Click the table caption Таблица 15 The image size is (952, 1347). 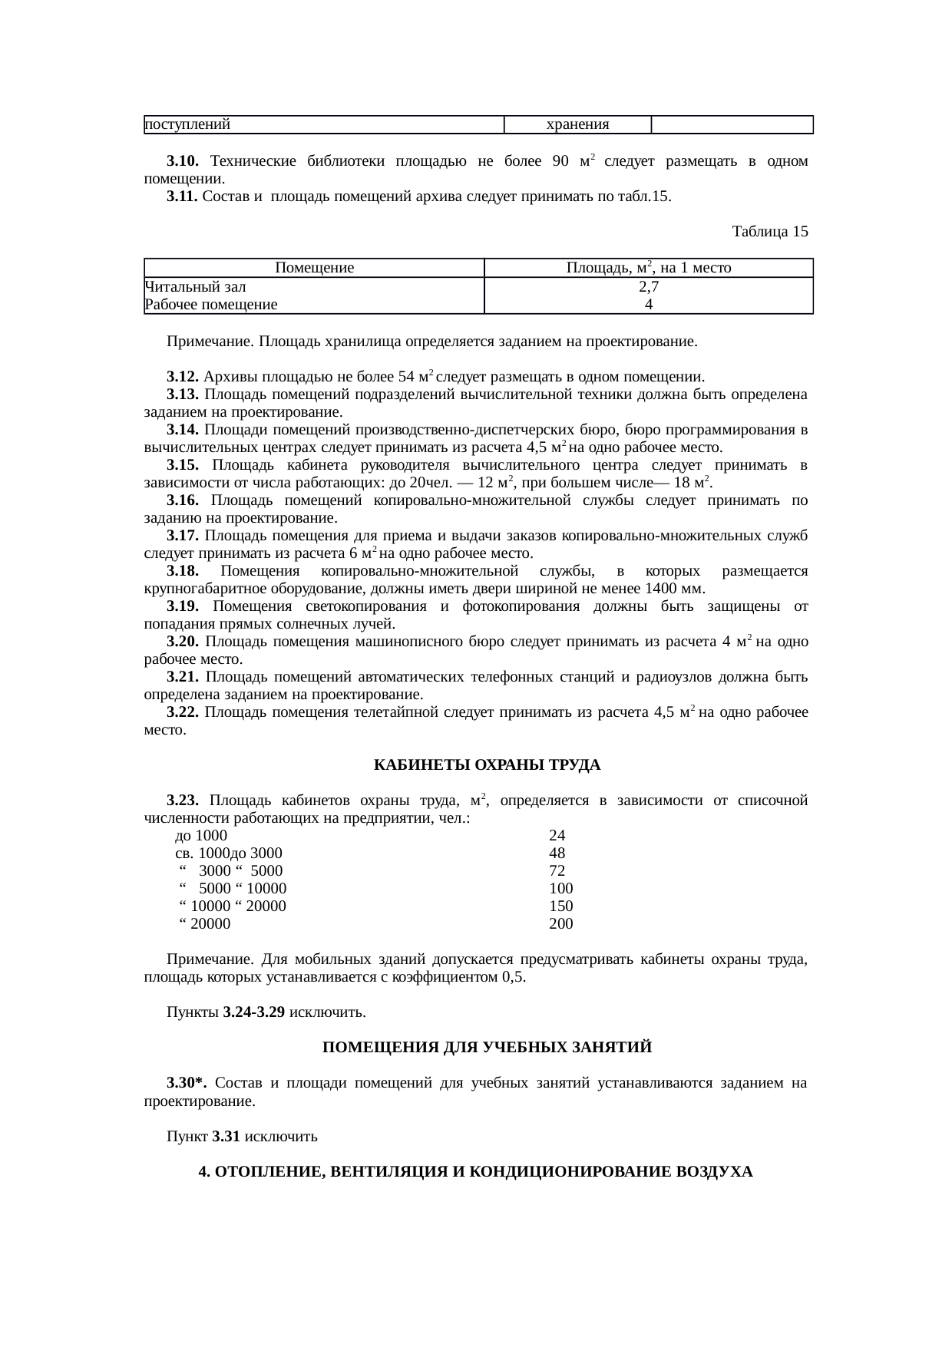(769, 231)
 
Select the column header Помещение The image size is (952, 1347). (314, 268)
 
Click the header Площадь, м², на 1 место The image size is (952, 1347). (648, 268)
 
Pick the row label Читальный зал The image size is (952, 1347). (195, 286)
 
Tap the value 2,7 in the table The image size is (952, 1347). (649, 286)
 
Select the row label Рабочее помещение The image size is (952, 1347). (211, 304)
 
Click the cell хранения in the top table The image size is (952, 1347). (577, 124)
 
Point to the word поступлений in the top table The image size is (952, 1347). (188, 124)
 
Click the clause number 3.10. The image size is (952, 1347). (183, 161)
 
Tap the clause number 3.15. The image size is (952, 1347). (183, 465)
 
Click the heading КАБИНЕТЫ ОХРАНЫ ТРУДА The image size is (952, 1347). (487, 765)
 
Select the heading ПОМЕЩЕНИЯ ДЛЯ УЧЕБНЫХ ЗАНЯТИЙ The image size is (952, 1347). (487, 1048)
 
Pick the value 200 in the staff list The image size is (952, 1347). (561, 923)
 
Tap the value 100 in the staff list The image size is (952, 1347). (561, 888)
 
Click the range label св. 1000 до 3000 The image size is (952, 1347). (229, 853)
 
